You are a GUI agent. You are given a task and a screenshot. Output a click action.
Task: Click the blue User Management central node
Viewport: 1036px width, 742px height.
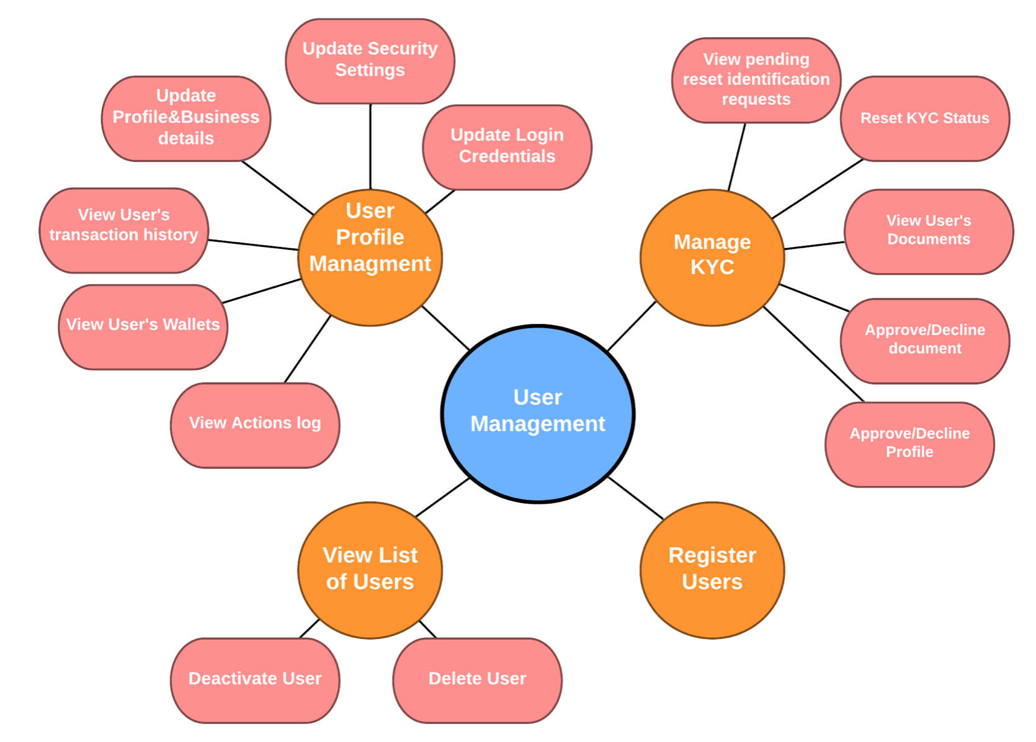coord(538,413)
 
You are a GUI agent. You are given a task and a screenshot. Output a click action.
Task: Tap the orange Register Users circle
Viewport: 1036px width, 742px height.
coord(712,570)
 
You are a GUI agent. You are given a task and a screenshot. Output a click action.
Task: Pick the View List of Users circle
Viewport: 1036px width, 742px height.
coord(370,570)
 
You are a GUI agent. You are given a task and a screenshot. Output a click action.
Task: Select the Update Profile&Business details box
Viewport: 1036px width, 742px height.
coord(186,118)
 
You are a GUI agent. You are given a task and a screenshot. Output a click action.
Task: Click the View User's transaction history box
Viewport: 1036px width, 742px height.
coord(124,230)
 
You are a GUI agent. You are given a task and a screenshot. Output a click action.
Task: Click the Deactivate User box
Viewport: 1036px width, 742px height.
coord(255,680)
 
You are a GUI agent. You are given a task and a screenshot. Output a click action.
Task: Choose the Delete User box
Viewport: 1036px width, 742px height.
coord(477,680)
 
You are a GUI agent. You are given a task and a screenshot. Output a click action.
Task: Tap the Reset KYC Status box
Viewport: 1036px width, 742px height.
coord(924,118)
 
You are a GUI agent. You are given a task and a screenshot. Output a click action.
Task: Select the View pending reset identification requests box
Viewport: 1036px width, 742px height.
coord(756,80)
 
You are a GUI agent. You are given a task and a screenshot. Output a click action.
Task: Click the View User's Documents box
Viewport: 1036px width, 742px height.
coord(928,231)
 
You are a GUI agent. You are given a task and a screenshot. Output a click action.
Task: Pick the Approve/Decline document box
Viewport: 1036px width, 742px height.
coord(924,341)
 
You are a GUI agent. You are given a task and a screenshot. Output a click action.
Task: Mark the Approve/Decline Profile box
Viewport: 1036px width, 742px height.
coord(909,444)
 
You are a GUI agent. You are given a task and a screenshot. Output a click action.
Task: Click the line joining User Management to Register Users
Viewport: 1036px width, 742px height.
coord(636,498)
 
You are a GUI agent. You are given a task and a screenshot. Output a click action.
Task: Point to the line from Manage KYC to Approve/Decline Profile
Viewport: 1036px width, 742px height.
coord(814,354)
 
